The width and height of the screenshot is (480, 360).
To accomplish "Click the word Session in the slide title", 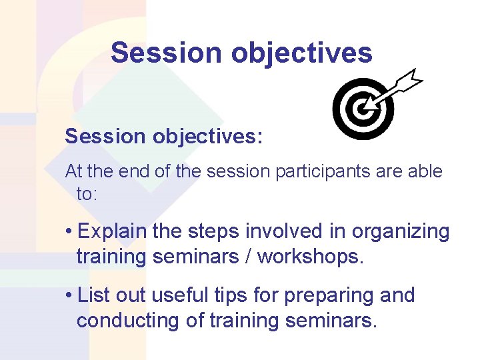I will [x=166, y=53].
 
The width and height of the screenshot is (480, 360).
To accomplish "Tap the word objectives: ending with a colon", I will [x=209, y=137].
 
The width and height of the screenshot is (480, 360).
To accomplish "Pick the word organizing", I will [x=401, y=232].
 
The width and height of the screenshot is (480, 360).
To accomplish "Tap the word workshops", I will [x=311, y=257].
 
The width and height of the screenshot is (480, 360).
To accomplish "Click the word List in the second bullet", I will [x=93, y=295].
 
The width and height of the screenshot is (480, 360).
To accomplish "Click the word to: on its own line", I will [x=87, y=194].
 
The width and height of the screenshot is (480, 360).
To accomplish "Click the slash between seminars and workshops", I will [x=247, y=257].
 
